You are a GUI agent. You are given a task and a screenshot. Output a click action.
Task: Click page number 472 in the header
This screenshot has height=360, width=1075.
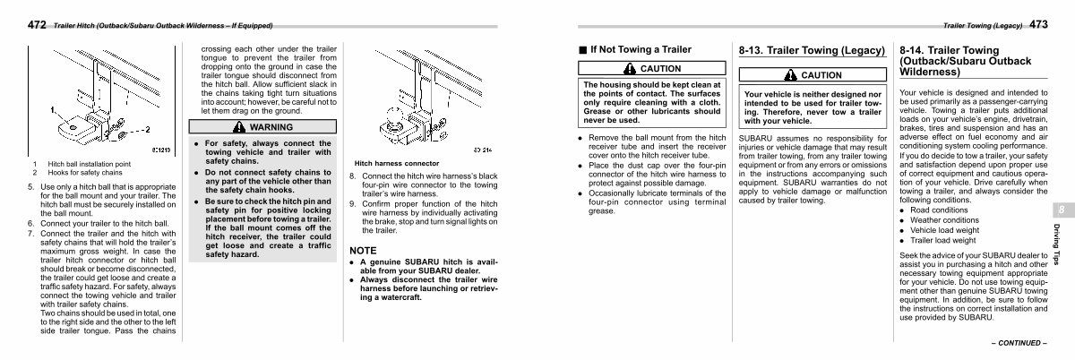pos(15,25)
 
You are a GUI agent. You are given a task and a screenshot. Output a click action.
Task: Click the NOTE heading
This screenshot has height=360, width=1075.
pos(363,250)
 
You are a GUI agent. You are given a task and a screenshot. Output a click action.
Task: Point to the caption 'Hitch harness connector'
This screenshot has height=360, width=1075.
pos(397,164)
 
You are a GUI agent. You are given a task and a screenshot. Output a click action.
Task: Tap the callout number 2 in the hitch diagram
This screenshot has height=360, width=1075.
pos(143,129)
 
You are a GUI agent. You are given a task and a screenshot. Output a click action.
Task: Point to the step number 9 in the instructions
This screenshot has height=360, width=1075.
pos(352,204)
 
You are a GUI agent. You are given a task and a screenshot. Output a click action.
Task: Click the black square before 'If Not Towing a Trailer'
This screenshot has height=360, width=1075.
pos(581,49)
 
